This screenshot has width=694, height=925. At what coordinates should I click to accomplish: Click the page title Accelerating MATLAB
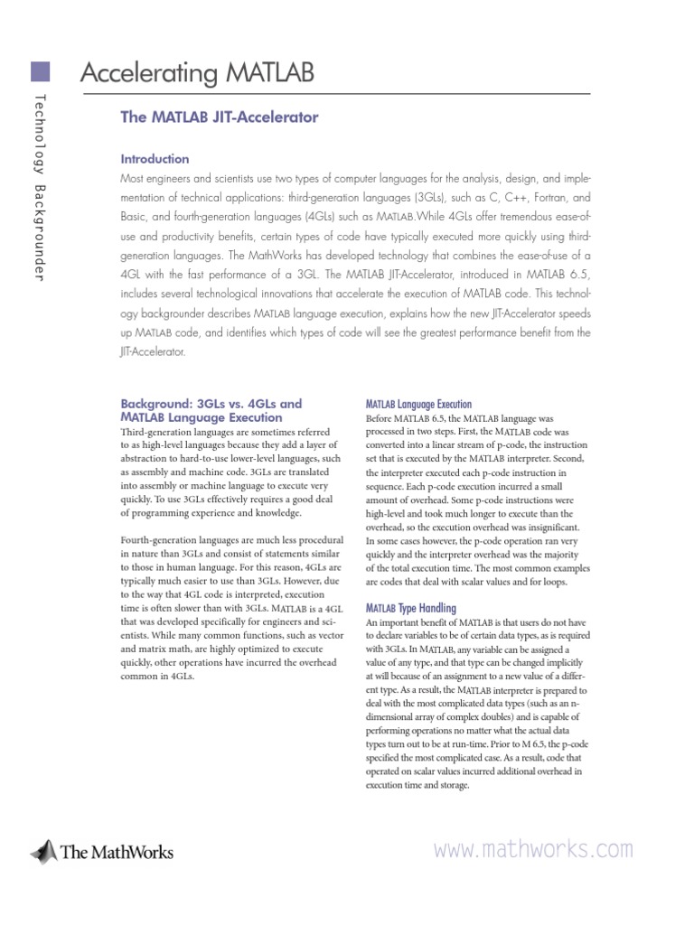pos(197,73)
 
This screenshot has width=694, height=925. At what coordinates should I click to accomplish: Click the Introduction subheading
pos(155,159)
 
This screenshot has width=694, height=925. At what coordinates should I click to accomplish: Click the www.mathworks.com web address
pos(533,849)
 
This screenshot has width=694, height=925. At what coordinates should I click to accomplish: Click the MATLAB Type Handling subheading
pos(410,609)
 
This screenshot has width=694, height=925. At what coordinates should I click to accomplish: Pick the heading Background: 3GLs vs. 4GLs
pos(211,404)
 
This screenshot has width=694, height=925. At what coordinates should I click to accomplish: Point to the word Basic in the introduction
pos(136,218)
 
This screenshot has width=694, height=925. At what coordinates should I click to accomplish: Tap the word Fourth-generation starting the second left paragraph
pos(157,539)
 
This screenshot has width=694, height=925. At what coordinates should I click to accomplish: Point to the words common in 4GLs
pos(156,675)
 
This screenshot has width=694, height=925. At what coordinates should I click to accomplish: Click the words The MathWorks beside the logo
pos(116,851)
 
